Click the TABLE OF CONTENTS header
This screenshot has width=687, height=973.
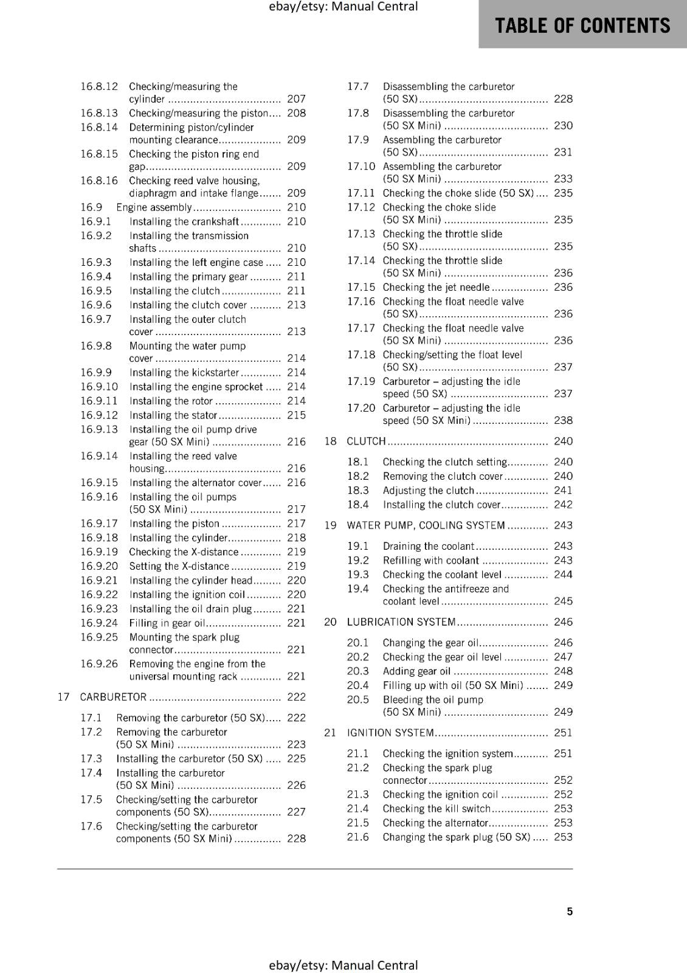582,26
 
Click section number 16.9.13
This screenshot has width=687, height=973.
99,429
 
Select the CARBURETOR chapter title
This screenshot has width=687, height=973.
113,697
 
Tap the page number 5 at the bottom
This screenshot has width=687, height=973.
570,911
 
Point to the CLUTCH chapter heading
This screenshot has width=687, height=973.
366,441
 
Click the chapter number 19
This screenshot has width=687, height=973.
330,525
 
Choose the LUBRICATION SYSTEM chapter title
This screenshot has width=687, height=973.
401,622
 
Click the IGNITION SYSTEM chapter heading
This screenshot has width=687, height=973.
390,732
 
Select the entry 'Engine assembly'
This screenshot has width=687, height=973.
154,207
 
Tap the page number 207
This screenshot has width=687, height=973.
296,99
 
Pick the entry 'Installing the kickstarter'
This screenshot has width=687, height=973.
184,372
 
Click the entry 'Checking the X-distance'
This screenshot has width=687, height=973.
184,552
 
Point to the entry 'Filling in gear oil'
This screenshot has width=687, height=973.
167,623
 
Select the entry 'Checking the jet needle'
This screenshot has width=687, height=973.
436,287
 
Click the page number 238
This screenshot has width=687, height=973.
563,420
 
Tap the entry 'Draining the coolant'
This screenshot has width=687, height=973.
428,546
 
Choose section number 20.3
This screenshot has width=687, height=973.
357,671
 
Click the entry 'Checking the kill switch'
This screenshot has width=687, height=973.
436,808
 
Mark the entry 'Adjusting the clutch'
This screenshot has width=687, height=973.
428,490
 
